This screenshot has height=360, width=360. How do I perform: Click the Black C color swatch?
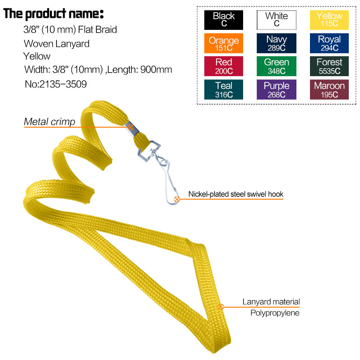[x=223, y=20]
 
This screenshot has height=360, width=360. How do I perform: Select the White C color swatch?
[x=276, y=20]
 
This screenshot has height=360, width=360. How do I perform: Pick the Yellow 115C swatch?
[x=329, y=20]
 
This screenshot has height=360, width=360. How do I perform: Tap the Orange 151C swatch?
[x=223, y=43]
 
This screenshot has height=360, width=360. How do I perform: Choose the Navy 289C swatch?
[x=276, y=43]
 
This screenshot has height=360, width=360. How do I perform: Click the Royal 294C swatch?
[x=329, y=43]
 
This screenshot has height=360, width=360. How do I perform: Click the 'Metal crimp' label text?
[x=49, y=122]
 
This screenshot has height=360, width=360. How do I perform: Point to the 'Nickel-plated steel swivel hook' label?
[x=236, y=194]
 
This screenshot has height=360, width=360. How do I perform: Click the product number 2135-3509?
[x=56, y=85]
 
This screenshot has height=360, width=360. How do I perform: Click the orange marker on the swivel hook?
[x=177, y=199]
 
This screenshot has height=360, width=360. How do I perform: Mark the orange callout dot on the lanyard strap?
[x=221, y=307]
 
